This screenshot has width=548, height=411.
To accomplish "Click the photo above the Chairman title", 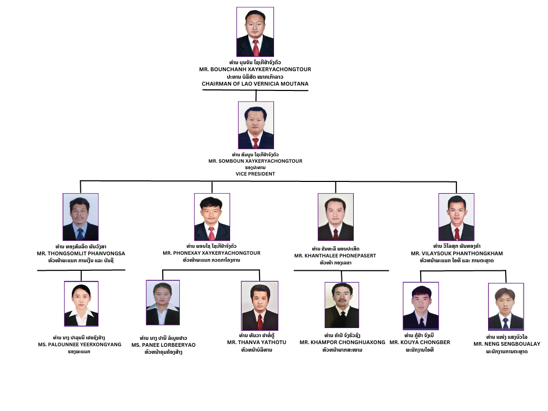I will [x=255, y=32].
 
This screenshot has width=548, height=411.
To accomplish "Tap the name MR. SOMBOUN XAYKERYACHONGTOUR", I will [x=255, y=161].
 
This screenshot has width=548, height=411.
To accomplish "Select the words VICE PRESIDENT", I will [x=255, y=174].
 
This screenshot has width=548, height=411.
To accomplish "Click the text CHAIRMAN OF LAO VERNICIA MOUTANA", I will [x=255, y=84].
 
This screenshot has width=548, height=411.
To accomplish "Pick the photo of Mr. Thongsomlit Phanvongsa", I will [x=81, y=217].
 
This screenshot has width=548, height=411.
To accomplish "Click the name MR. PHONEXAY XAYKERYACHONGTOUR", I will [x=211, y=253].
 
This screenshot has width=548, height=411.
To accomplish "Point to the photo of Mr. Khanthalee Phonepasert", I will [x=336, y=217].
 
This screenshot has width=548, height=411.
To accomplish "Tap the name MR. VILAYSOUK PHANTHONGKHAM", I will [x=456, y=254].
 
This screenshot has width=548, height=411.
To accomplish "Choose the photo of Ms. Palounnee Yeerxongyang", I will [x=81, y=303].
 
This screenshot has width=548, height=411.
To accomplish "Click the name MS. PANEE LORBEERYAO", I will [x=163, y=345].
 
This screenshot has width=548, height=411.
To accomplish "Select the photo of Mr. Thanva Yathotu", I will [x=260, y=306].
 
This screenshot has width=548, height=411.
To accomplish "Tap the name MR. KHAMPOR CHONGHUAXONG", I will [x=342, y=342].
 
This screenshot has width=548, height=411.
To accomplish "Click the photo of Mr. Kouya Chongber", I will [x=421, y=306].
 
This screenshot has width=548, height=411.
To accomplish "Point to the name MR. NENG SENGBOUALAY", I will [x=507, y=344].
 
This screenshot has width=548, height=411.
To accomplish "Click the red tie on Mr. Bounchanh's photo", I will [x=256, y=48].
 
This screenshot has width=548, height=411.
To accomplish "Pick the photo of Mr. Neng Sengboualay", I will [x=506, y=307].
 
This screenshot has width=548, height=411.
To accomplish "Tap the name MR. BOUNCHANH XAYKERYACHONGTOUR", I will [x=255, y=70].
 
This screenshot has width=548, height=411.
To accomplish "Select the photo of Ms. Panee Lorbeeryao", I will [x=163, y=302].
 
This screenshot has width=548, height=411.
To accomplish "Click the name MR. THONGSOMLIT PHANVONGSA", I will [x=81, y=253].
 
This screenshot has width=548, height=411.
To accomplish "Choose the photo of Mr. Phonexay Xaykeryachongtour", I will [x=212, y=217].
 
